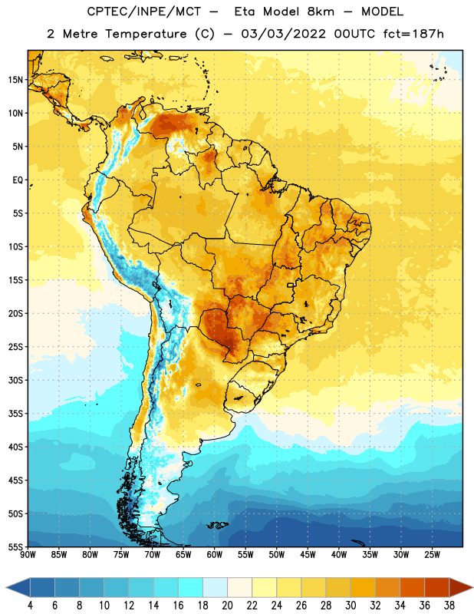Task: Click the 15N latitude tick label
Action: (15, 80)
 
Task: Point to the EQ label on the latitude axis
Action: (18, 180)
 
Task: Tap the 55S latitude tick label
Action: (15, 546)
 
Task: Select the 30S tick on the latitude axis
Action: (15, 380)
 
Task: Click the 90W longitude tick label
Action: (28, 555)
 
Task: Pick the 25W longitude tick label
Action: (432, 555)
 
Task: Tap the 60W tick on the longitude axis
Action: (215, 555)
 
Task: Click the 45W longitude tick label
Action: (308, 555)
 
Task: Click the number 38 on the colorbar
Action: (449, 606)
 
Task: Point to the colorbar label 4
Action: (30, 606)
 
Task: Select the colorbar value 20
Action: (227, 606)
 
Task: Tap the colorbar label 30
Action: (351, 606)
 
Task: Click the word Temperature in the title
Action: (146, 34)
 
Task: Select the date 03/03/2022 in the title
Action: (283, 34)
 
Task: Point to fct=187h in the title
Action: (413, 34)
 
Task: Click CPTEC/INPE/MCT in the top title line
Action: (143, 12)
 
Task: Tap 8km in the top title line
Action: (321, 12)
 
